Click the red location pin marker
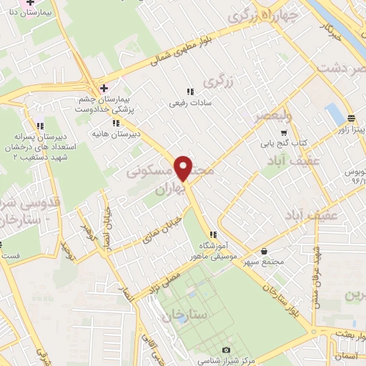[x=184, y=167]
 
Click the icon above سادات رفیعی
[x=190, y=91]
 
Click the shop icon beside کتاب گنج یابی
[x=285, y=132]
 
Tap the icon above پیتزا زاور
[x=351, y=119]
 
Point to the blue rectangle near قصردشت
[x=333, y=113]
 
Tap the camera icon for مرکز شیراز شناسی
[x=227, y=350]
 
